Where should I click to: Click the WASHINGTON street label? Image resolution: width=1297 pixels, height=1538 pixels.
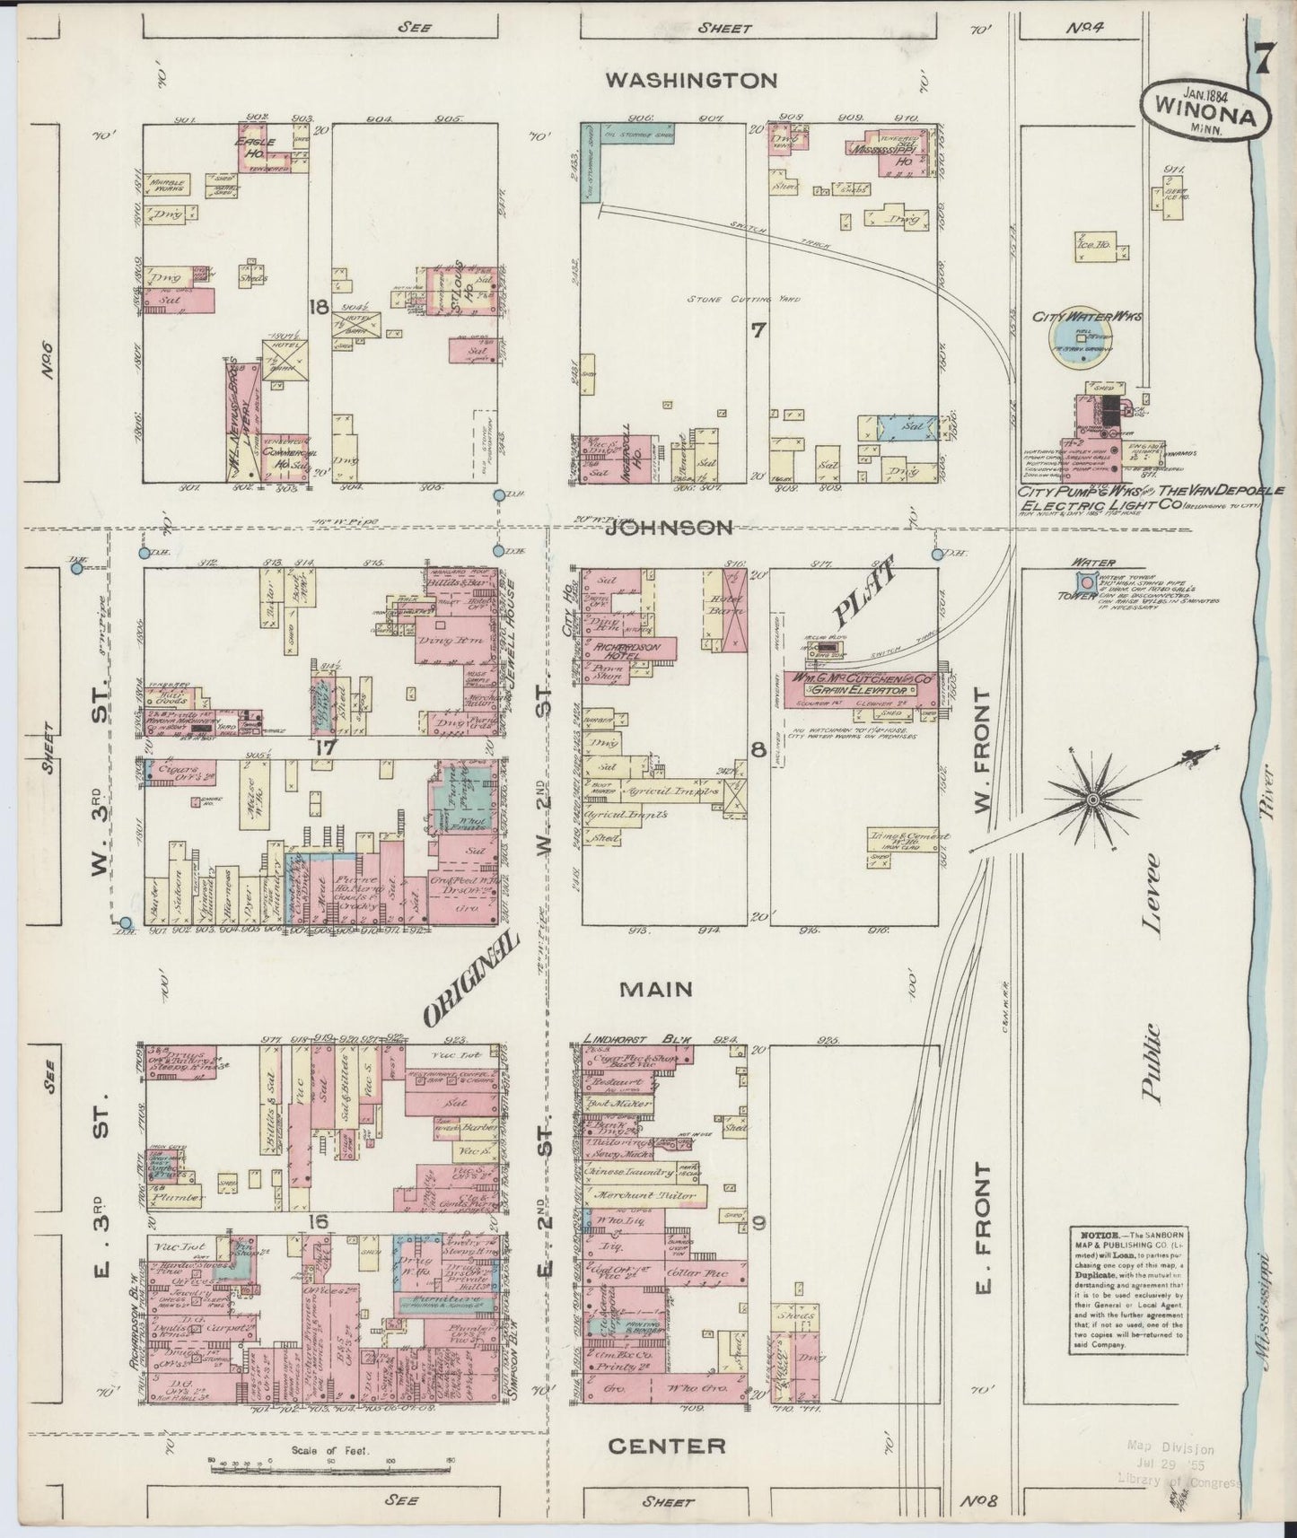tap(690, 81)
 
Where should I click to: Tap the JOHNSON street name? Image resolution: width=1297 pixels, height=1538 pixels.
tap(669, 529)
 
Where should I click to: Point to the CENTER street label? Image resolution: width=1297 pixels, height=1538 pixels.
tap(667, 1446)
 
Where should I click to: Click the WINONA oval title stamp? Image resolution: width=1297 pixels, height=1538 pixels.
tap(1205, 110)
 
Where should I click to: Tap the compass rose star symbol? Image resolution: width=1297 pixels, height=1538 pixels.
tap(1092, 799)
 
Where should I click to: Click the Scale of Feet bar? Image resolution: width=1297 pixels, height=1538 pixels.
tap(329, 1469)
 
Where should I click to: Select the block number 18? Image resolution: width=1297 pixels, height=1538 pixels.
tap(317, 308)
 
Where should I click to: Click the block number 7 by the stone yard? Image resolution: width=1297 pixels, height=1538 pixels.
tap(758, 330)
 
